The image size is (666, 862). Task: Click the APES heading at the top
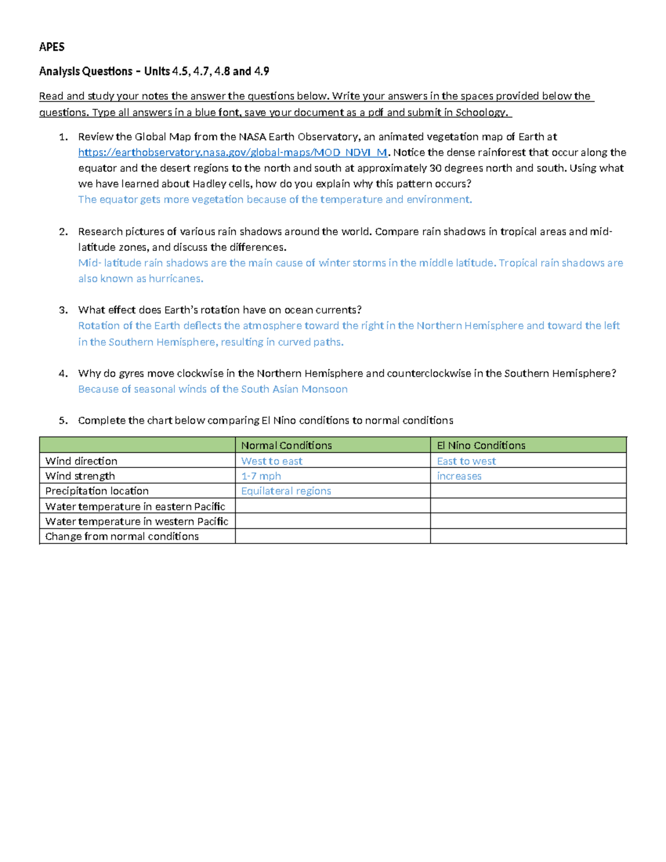point(52,47)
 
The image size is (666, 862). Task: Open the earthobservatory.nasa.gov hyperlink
point(232,153)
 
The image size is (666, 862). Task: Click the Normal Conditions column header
point(286,445)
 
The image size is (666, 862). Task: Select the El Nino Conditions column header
point(481,445)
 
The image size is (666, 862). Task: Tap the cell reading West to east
point(271,461)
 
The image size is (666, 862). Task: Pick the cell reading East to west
point(466,461)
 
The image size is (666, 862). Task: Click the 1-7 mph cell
point(261,476)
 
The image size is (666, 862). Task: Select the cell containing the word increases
point(459,476)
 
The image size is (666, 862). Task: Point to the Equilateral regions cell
point(286,491)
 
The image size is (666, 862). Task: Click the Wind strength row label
point(80,476)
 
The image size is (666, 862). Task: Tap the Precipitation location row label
point(97,491)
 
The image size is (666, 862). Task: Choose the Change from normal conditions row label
point(122,536)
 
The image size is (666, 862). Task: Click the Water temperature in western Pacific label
point(137,521)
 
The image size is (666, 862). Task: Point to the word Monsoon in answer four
point(324,389)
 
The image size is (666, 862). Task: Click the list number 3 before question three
point(63,310)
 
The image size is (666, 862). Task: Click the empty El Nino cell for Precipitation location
point(528,491)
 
